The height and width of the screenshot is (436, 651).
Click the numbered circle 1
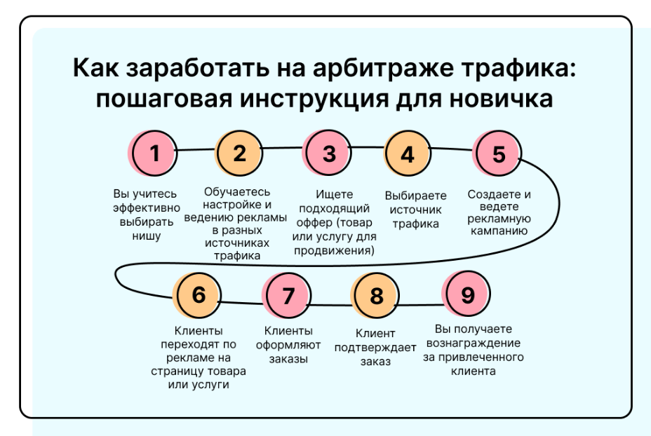[156, 153]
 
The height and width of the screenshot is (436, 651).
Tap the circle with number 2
[240, 153]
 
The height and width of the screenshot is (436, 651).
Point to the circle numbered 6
[199, 295]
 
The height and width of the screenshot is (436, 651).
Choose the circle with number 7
[288, 296]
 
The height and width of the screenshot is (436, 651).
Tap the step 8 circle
[377, 296]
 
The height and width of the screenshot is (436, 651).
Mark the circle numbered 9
[467, 294]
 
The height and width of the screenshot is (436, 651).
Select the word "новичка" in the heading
[501, 99]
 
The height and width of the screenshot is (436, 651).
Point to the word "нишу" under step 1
[145, 236]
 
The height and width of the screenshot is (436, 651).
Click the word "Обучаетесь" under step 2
[237, 191]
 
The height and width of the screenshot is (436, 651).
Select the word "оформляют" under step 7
[288, 345]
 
